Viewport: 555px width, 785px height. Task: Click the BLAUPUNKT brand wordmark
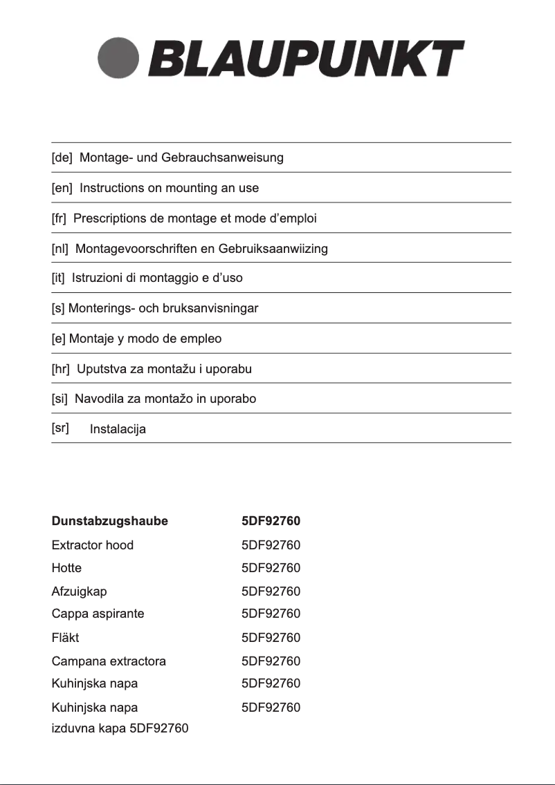305,59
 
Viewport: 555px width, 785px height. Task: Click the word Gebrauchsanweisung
222,158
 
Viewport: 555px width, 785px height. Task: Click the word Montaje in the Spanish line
91,339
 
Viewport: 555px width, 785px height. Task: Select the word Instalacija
118,430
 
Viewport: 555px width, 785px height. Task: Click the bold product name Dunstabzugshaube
110,521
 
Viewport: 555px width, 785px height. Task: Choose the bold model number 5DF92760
271,521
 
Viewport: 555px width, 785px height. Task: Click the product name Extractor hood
93,545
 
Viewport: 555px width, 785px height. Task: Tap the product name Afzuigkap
80,592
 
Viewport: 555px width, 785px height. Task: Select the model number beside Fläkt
271,638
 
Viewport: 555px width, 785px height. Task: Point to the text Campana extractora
109,661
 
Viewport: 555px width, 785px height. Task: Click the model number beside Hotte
271,568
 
